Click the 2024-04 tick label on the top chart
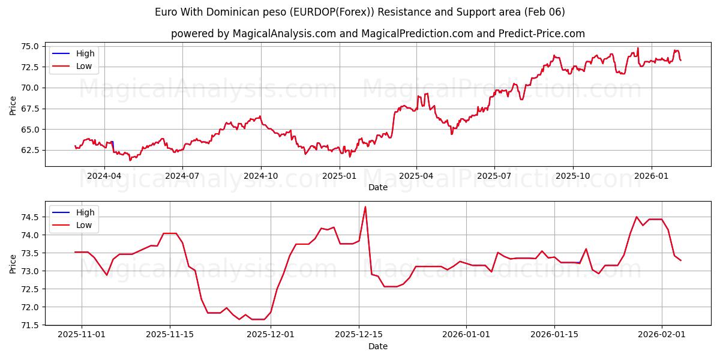[x=104, y=176]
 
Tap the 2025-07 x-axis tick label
[x=494, y=176]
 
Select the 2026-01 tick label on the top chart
[x=651, y=176]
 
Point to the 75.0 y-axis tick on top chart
[x=30, y=46]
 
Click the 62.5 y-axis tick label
[x=30, y=150]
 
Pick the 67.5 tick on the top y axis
[x=30, y=109]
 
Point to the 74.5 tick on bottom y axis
[x=30, y=217]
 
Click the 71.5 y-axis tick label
[x=30, y=325]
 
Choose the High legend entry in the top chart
[x=85, y=53]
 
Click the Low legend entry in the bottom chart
[x=84, y=225]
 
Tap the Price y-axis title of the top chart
[x=13, y=105]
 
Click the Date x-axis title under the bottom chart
[x=378, y=346]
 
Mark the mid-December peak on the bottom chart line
[x=365, y=207]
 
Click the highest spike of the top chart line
[x=638, y=48]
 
